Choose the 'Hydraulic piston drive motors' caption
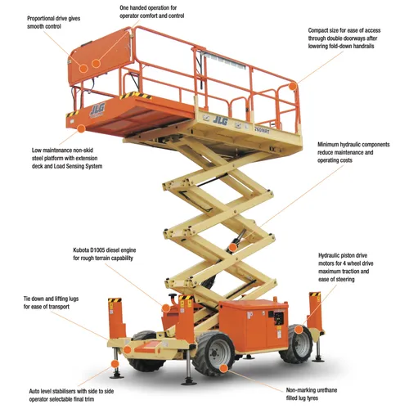coord(357,272)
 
